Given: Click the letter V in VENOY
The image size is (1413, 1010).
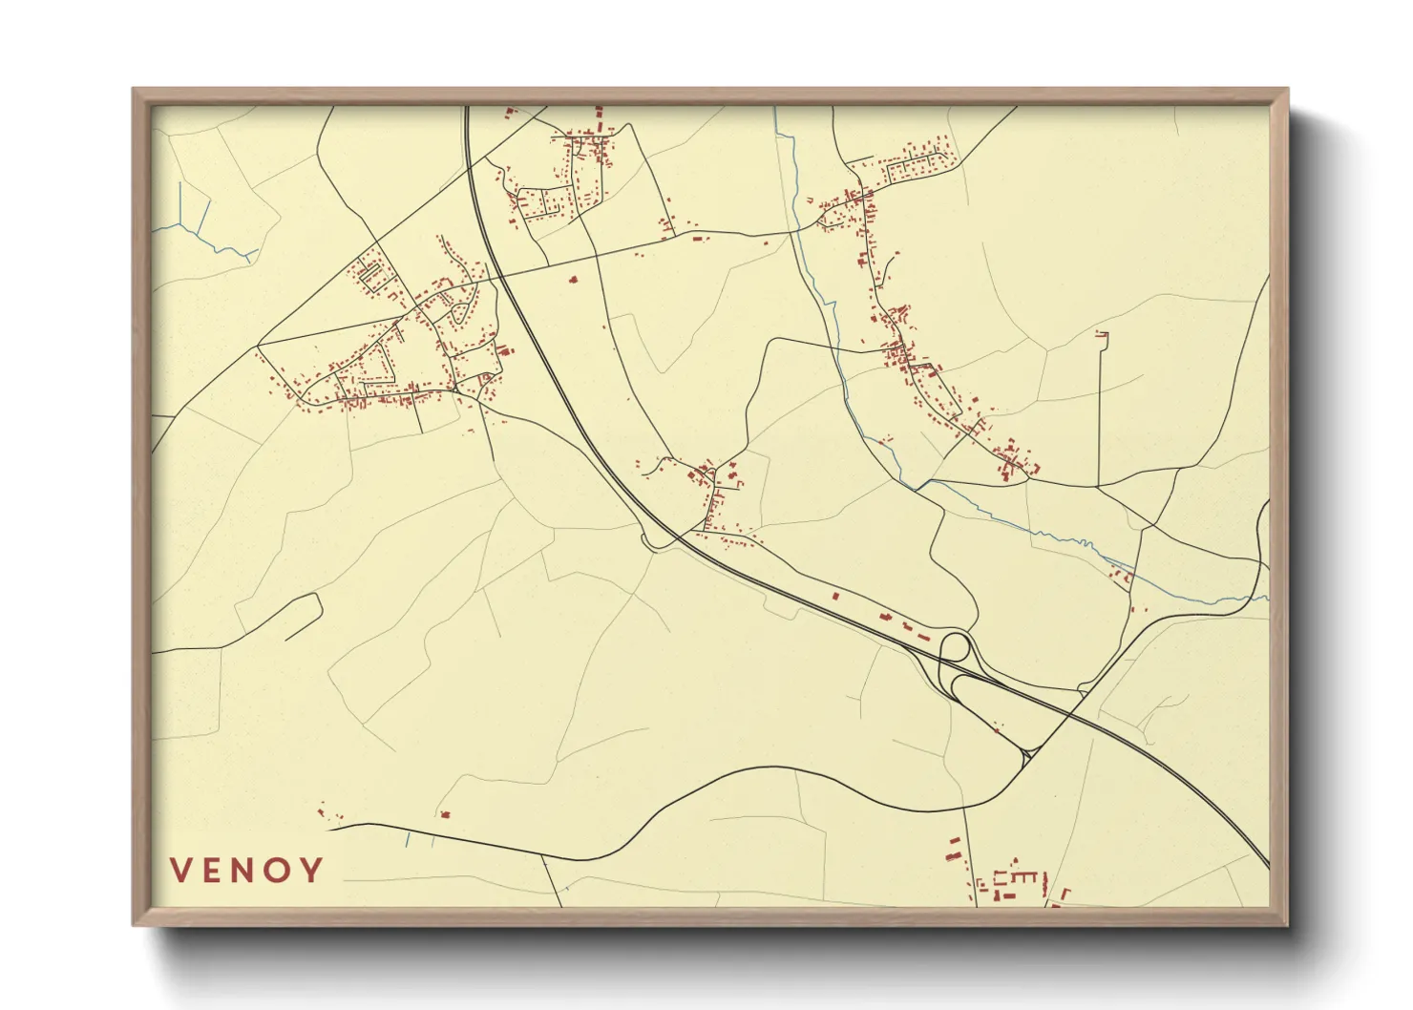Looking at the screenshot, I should click(x=181, y=870).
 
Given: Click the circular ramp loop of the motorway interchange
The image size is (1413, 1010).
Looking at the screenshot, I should click(x=955, y=647).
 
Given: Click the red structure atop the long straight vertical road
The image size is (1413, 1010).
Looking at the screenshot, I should click(x=1102, y=334).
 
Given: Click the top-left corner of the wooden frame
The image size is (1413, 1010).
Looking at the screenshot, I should click(x=134, y=90).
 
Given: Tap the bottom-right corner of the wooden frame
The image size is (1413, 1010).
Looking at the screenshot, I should click(x=1286, y=924).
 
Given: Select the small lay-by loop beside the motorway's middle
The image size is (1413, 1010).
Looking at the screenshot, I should click(x=653, y=544).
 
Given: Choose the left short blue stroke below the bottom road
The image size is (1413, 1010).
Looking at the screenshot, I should click(x=408, y=840).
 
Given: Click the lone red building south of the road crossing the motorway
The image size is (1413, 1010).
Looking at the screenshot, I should click(x=573, y=280).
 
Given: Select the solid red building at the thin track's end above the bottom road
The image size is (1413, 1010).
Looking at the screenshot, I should click(x=445, y=814).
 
